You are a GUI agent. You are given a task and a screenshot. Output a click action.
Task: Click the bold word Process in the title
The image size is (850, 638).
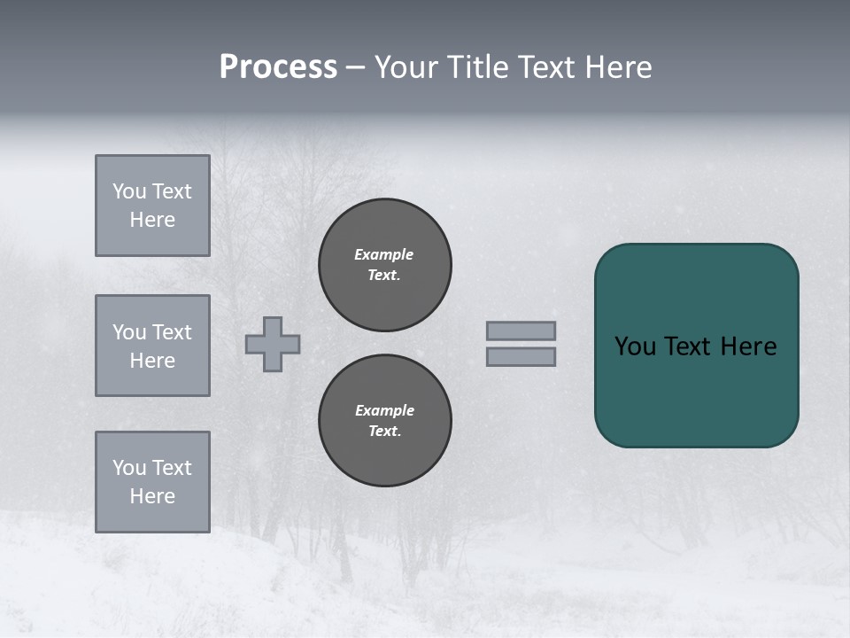click(x=278, y=67)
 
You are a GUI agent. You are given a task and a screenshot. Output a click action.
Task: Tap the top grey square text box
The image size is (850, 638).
click(x=152, y=206)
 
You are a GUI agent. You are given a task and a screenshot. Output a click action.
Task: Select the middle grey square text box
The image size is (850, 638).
click(x=152, y=346)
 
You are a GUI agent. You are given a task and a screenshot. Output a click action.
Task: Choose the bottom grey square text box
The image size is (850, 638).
click(x=152, y=482)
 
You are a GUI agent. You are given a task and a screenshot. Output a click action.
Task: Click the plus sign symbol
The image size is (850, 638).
click(x=273, y=344)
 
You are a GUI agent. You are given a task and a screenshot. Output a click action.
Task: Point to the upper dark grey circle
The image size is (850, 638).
click(x=385, y=265)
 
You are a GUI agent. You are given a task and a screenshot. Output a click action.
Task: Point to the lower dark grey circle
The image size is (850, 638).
click(x=385, y=421)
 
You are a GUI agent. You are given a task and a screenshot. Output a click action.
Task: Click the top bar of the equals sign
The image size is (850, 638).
click(x=521, y=331)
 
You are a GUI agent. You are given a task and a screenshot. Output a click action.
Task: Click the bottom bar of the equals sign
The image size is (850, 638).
click(x=521, y=356)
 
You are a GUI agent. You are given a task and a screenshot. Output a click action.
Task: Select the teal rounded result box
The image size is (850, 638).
click(x=696, y=346)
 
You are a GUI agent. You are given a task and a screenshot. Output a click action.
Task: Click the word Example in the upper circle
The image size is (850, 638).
click(x=383, y=254)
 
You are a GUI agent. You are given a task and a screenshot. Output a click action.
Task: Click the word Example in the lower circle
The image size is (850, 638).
click(x=384, y=410)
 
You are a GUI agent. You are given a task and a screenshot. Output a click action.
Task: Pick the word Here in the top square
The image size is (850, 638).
click(x=152, y=220)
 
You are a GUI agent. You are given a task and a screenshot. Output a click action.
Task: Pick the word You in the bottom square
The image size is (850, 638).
click(x=128, y=468)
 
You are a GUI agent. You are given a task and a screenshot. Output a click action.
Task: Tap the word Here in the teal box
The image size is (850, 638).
click(x=748, y=346)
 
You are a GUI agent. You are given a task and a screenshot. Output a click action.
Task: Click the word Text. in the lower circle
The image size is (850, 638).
click(x=384, y=432)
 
